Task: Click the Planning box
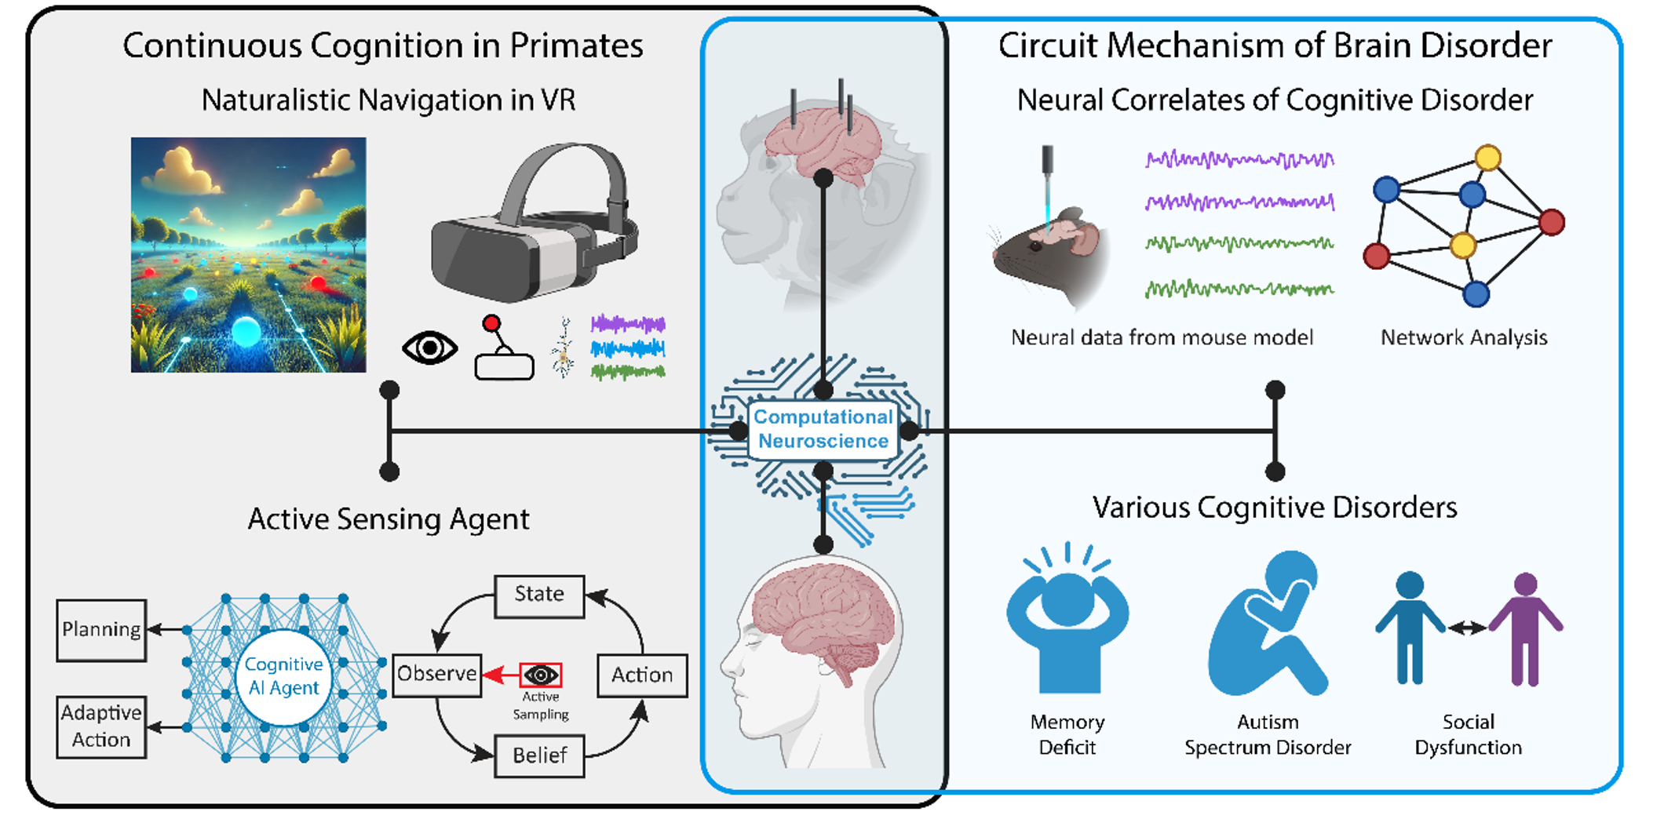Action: (101, 630)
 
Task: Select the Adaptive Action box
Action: (101, 726)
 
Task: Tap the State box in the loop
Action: (539, 595)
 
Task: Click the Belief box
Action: (539, 755)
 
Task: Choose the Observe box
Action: (436, 675)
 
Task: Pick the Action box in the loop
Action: (642, 675)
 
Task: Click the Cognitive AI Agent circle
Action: (283, 676)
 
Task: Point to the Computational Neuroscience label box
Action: (823, 429)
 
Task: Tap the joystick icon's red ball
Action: (491, 322)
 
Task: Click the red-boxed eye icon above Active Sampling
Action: (541, 675)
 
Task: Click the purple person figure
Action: (1525, 628)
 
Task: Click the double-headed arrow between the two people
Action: (1467, 627)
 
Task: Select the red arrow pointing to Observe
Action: (500, 675)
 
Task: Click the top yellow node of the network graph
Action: (1487, 158)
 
